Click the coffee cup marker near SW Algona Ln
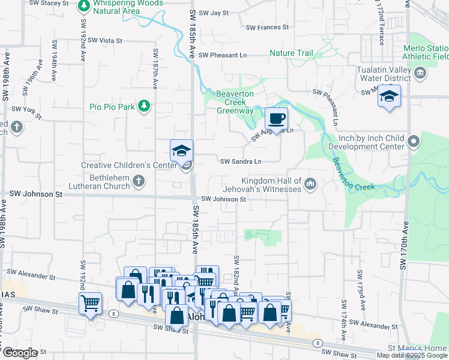pyautogui.click(x=276, y=118)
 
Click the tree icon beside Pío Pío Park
pyautogui.click(x=143, y=107)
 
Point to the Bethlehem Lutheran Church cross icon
pyautogui.click(x=139, y=181)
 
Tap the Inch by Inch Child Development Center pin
pyautogui.click(x=413, y=142)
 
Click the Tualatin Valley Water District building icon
pyautogui.click(x=420, y=73)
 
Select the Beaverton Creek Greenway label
pyautogui.click(x=235, y=103)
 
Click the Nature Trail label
pyautogui.click(x=291, y=53)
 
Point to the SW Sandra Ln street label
pyautogui.click(x=241, y=161)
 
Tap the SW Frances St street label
pyautogui.click(x=268, y=28)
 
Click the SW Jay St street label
pyautogui.click(x=214, y=13)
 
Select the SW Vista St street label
pyautogui.click(x=105, y=41)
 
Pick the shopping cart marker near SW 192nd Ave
pyautogui.click(x=90, y=304)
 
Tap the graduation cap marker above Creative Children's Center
pyautogui.click(x=181, y=151)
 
